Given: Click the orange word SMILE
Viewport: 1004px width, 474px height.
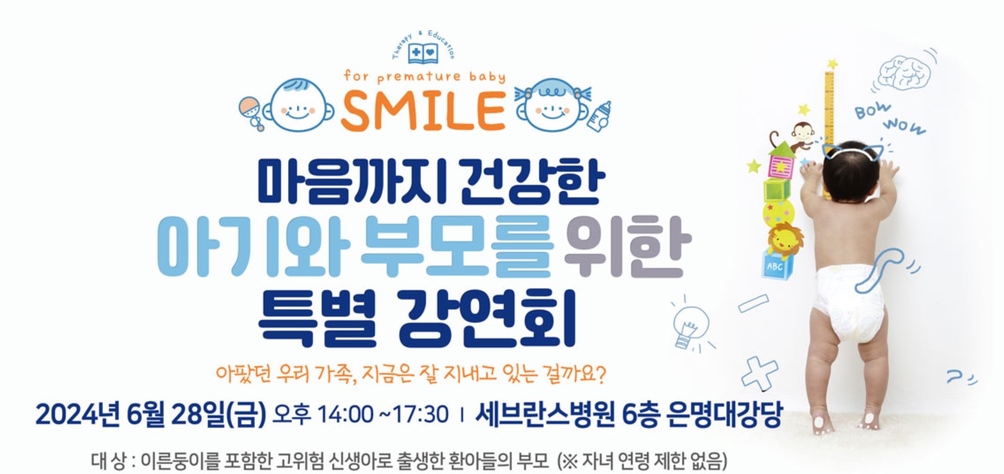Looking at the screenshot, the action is tap(423, 111).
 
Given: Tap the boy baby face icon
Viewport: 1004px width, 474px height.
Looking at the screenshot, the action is tap(298, 105).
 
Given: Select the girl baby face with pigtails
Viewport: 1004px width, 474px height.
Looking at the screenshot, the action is tap(553, 105).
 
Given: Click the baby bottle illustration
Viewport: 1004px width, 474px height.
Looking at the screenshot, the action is tap(599, 117).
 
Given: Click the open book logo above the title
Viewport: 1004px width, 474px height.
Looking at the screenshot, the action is tap(423, 53).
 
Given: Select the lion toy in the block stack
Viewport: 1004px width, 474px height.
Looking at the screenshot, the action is tap(784, 241).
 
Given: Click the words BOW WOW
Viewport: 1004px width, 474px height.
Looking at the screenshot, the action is tap(890, 118).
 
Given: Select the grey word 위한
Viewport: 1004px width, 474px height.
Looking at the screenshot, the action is tap(628, 246).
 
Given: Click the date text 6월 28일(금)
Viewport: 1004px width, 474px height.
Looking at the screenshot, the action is tap(196, 414).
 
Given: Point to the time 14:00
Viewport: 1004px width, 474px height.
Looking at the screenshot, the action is tap(345, 414).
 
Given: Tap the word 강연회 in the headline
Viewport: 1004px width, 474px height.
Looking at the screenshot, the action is tap(486, 318).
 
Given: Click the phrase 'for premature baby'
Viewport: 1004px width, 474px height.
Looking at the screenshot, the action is tap(425, 77).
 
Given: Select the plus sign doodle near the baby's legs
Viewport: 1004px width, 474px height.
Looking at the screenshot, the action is tap(759, 373).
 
